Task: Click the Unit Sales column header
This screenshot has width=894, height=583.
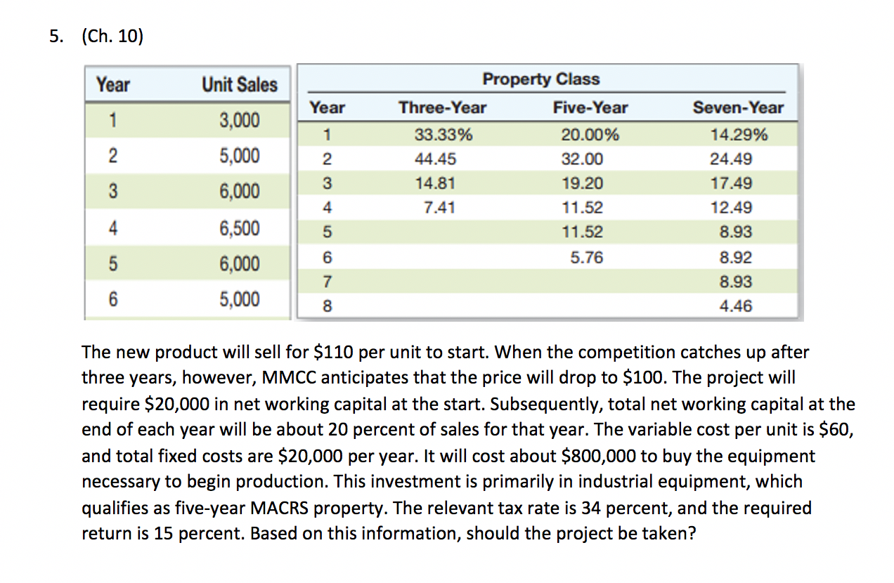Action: coord(240,85)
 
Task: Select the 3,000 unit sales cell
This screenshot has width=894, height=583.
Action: coord(240,121)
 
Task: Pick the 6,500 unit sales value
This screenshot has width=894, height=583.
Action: coord(240,228)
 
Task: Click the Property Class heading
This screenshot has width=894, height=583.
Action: coord(540,79)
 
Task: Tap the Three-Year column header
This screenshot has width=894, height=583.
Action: coord(442,107)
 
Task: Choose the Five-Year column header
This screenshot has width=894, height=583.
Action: coord(590,107)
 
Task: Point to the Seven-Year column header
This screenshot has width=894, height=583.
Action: coord(737,107)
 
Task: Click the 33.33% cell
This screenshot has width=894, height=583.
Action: coord(443,135)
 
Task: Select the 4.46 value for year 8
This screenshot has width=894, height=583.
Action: coord(736,306)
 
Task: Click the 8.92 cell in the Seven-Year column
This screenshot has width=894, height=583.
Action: coord(736,258)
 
